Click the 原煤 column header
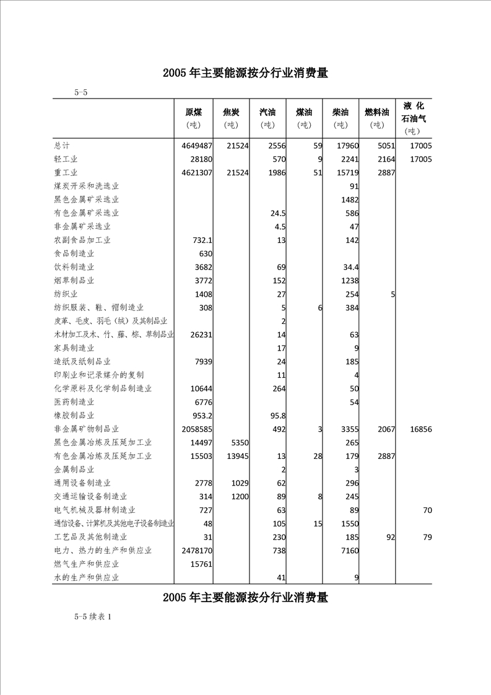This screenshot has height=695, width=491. point(194,113)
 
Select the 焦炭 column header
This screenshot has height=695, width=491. point(231,113)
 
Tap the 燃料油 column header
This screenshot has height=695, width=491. point(376,113)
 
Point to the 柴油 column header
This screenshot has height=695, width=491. point(340,113)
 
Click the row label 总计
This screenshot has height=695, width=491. point(61,146)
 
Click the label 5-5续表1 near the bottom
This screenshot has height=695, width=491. point(92,617)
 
